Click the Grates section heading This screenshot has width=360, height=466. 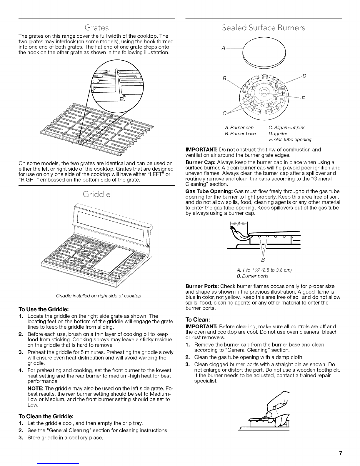[96, 28]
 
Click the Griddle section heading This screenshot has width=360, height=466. [97, 194]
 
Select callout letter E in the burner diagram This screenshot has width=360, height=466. [303, 99]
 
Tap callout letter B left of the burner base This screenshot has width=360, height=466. [225, 79]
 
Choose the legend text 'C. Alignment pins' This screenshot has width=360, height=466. [287, 127]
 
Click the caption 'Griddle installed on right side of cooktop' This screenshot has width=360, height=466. [96, 296]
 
